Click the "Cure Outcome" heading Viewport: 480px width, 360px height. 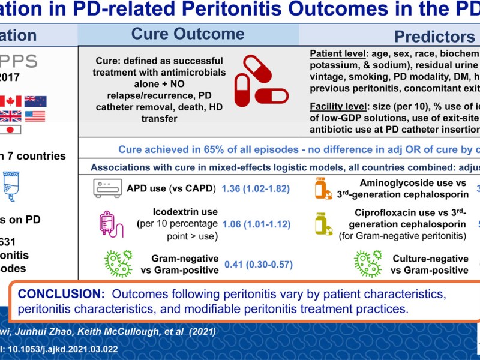point(188,34)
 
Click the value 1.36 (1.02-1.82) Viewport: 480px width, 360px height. point(256,189)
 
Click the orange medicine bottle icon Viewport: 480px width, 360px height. point(323,188)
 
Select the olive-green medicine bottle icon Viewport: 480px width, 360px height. point(323,224)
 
